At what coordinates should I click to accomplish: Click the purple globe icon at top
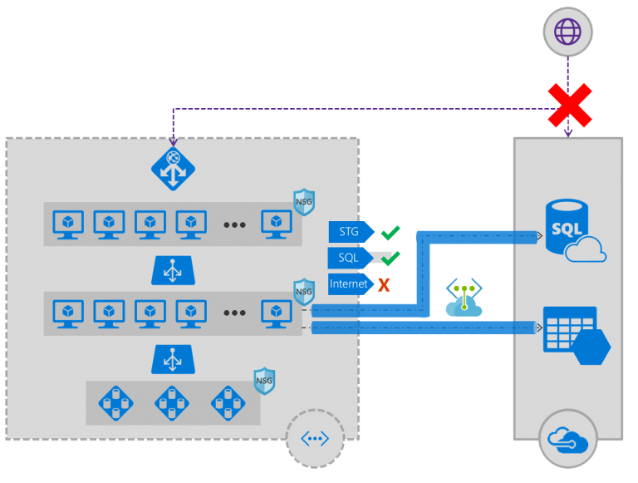[567, 32]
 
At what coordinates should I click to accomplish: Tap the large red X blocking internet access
[569, 106]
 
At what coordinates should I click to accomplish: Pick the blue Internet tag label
[350, 284]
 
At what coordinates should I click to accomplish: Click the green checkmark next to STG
[390, 232]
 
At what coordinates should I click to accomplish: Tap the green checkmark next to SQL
[390, 258]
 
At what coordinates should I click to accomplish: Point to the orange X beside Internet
[384, 284]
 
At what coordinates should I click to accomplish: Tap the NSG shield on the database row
[264, 380]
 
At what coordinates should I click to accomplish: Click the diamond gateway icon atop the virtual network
[173, 169]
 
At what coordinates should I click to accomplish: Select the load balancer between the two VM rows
[173, 270]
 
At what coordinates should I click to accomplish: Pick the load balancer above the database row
[173, 359]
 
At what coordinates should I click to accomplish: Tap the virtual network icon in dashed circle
[315, 438]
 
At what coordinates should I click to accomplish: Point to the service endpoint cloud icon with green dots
[464, 300]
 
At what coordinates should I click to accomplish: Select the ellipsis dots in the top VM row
[233, 224]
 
